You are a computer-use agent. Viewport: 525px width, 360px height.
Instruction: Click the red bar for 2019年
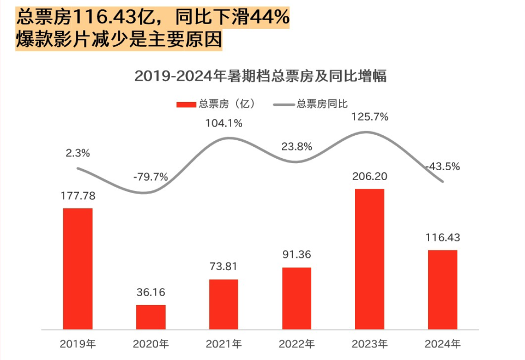pyautogui.click(x=78, y=269)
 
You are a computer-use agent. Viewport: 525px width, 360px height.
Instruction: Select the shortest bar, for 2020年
pyautogui.click(x=150, y=317)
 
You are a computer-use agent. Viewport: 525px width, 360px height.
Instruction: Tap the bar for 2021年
pyautogui.click(x=224, y=304)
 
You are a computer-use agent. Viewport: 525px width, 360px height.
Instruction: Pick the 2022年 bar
pyautogui.click(x=297, y=298)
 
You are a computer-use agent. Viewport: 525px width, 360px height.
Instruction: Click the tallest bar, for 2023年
pyautogui.click(x=370, y=259)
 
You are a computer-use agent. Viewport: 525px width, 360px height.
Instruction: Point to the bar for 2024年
pyautogui.click(x=442, y=290)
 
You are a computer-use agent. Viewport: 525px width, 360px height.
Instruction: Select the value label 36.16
pyautogui.click(x=150, y=293)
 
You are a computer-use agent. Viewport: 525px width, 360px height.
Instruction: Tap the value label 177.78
pyautogui.click(x=78, y=196)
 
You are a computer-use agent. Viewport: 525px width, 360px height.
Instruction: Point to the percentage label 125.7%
pyautogui.click(x=370, y=116)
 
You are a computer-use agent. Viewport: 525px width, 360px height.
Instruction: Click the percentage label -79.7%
pyautogui.click(x=150, y=177)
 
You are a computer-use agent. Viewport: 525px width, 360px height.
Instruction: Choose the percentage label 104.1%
pyautogui.click(x=224, y=123)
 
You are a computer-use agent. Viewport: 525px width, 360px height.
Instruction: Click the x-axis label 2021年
pyautogui.click(x=224, y=344)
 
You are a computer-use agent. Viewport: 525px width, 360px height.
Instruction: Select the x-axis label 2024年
pyautogui.click(x=442, y=344)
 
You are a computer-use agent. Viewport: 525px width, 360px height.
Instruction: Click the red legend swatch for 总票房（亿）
pyautogui.click(x=185, y=104)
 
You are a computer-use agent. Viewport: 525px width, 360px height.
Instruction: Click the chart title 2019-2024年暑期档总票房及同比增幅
pyautogui.click(x=260, y=76)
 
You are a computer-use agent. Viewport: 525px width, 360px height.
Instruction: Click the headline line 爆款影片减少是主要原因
pyautogui.click(x=119, y=40)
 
